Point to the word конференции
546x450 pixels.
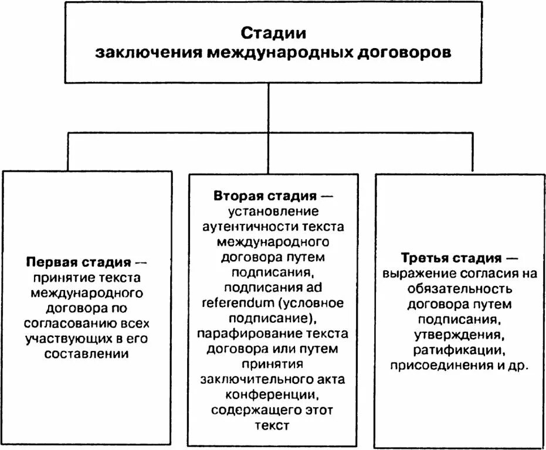click(x=274, y=395)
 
